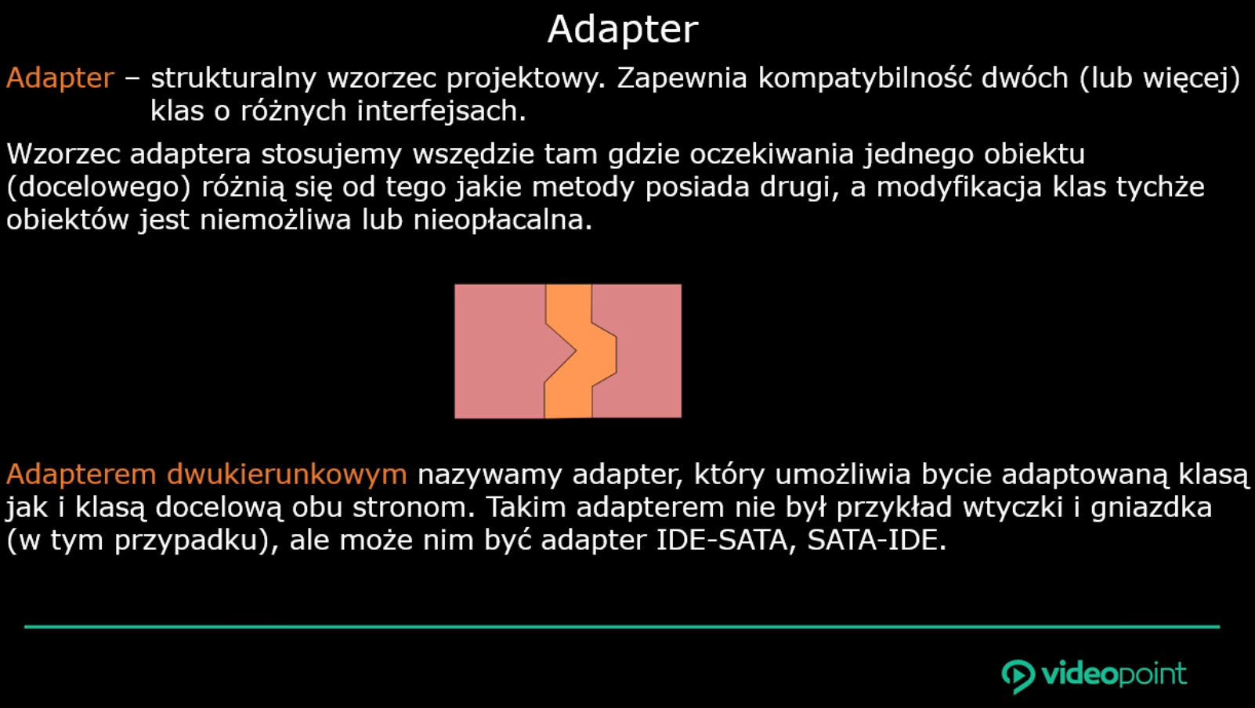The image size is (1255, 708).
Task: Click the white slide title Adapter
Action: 623,30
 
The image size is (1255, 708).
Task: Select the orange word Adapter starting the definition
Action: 60,78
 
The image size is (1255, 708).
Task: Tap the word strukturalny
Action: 233,78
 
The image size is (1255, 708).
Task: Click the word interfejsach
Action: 442,111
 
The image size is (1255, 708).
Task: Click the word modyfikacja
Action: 959,187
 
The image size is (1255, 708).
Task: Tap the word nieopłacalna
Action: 503,219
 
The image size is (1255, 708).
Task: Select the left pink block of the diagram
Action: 500,351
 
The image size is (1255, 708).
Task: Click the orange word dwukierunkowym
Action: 287,475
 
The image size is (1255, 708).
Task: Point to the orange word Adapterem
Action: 81,475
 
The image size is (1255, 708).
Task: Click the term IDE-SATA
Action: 722,540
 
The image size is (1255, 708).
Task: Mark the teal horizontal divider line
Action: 622,627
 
